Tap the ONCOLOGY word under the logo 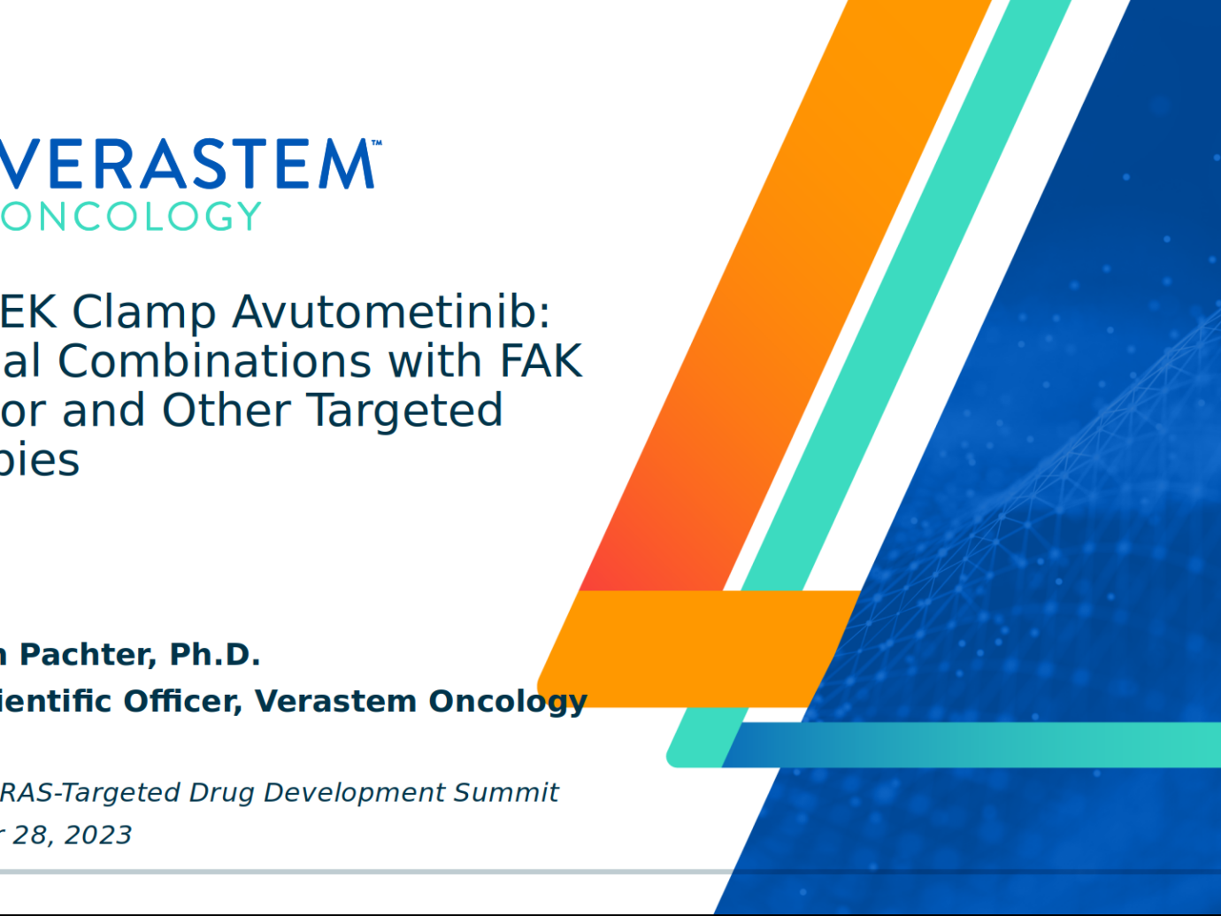(x=131, y=217)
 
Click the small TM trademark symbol (x=377, y=142)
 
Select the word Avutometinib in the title (x=391, y=312)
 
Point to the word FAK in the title (x=541, y=361)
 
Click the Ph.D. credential (x=215, y=655)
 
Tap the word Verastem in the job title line (x=335, y=701)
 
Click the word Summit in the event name (x=506, y=792)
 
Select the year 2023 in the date (x=98, y=835)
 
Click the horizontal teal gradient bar (x=973, y=744)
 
